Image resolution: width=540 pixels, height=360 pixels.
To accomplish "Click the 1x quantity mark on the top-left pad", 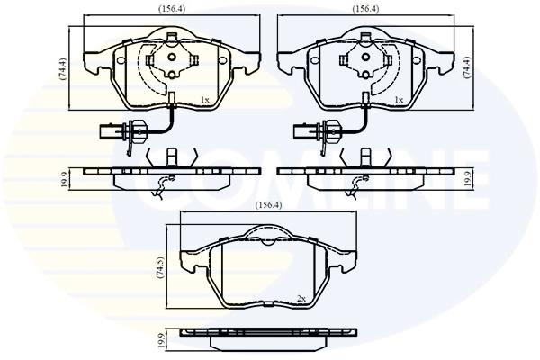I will (x=204, y=100).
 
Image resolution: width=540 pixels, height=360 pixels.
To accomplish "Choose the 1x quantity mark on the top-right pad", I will (x=399, y=100).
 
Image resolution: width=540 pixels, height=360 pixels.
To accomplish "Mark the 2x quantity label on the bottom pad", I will (x=301, y=297).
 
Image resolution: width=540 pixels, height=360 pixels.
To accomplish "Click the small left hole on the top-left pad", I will (x=120, y=59).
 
